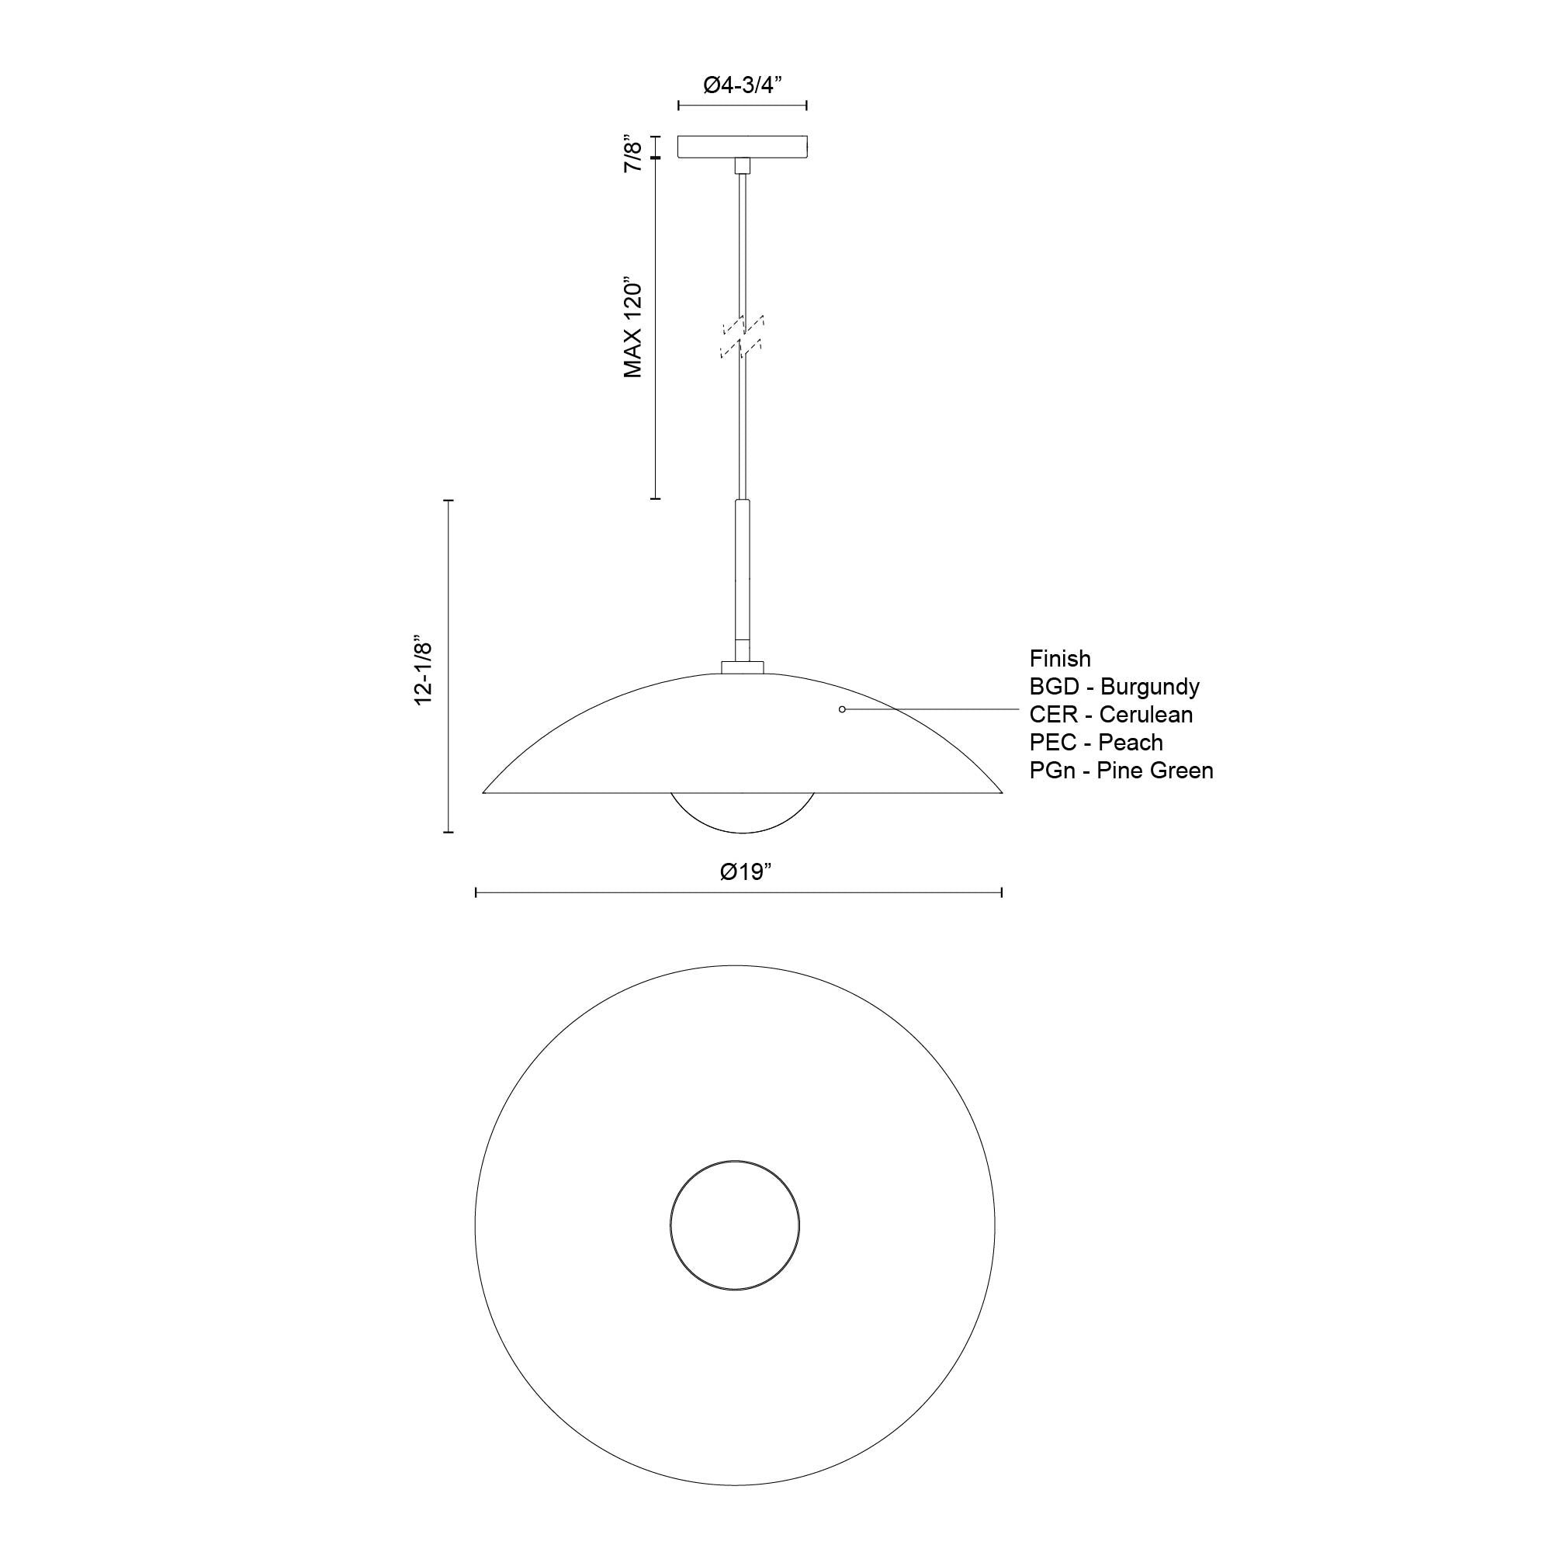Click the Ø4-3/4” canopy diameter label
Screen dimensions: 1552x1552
click(743, 85)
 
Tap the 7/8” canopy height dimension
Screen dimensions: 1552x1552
click(634, 154)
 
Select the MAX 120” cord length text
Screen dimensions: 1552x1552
click(634, 329)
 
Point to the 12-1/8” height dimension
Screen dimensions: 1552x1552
click(424, 673)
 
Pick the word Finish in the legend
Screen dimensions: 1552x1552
click(1059, 659)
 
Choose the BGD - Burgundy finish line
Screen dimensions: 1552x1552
click(1114, 687)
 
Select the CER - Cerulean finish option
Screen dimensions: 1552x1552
click(1111, 714)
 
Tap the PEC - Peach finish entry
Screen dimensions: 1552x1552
click(1096, 743)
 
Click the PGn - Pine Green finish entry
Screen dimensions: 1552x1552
click(1121, 771)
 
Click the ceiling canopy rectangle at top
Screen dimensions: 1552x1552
click(743, 146)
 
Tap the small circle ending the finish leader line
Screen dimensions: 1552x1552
click(842, 709)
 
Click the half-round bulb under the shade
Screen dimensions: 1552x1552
click(743, 812)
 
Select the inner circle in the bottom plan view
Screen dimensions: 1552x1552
click(734, 1226)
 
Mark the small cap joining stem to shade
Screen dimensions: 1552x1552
click(743, 666)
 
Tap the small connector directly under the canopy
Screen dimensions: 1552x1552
click(743, 165)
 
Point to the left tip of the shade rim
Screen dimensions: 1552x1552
click(484, 792)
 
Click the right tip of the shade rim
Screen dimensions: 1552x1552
click(1001, 792)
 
